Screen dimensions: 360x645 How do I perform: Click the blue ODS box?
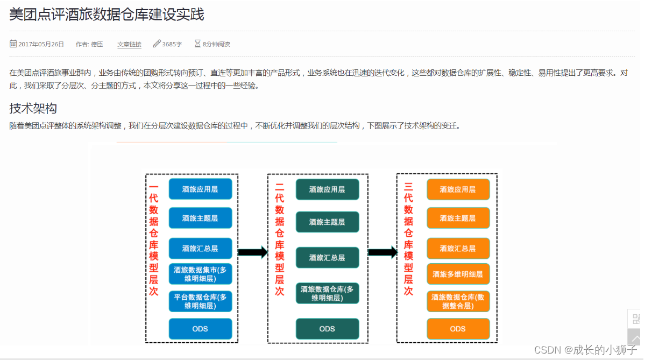200,329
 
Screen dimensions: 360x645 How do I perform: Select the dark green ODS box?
327,329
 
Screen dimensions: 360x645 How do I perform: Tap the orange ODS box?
458,329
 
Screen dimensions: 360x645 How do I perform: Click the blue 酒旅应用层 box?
200,189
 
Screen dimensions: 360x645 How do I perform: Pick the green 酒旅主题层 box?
327,222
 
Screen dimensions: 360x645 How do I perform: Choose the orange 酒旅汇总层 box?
458,249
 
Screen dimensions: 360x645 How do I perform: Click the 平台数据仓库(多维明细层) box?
200,301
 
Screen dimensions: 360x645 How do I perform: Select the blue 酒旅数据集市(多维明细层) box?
200,274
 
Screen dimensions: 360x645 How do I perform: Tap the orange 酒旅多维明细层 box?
458,274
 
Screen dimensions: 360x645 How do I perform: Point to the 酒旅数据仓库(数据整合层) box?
458,301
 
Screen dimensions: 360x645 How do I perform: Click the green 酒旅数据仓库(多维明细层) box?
327,293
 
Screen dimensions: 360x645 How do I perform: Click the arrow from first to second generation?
252,252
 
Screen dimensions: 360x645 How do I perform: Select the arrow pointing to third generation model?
382,252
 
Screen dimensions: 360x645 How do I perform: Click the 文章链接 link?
130,44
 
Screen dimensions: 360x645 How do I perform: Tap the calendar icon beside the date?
13,44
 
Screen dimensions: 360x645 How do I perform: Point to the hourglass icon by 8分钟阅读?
197,44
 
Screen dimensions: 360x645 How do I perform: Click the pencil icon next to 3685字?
157,44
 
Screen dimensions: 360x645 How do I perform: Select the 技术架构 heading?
33,109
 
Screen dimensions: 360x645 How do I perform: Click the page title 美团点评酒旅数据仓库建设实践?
107,15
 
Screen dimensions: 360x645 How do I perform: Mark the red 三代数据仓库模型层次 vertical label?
408,239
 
